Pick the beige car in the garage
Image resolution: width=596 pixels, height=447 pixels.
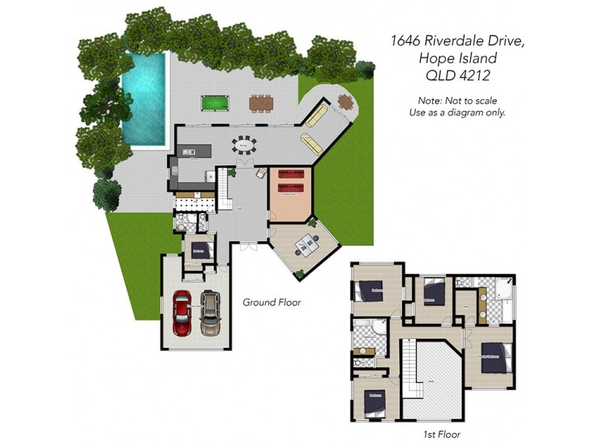[212, 312]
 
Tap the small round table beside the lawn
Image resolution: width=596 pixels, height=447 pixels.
[344, 101]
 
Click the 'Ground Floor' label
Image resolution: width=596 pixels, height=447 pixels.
[272, 302]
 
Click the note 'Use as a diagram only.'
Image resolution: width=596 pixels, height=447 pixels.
[457, 112]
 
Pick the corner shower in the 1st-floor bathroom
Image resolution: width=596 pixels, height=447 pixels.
[378, 329]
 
